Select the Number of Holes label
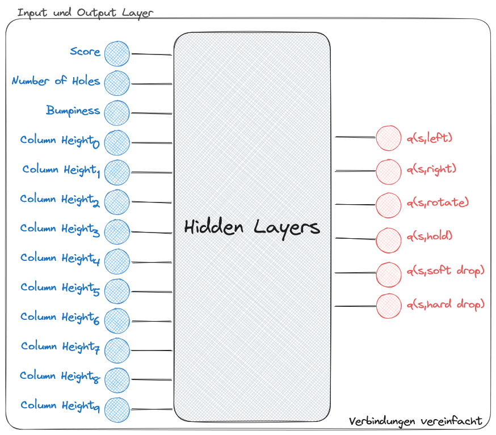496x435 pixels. [x=56, y=81]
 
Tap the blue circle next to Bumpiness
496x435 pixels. [x=117, y=112]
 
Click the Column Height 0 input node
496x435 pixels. [x=117, y=142]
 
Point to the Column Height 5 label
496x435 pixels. [x=60, y=288]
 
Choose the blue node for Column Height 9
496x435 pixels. [x=117, y=409]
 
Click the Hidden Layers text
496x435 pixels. [x=252, y=227]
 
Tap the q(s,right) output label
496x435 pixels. [x=431, y=168]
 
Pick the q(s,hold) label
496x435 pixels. [x=429, y=236]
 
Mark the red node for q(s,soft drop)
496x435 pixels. [x=388, y=273]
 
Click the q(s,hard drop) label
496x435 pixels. [x=445, y=305]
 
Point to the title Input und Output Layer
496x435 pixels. [x=85, y=12]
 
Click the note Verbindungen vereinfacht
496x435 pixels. [x=415, y=421]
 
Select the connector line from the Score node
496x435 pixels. [x=152, y=54]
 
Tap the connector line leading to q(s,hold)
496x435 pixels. [x=355, y=238]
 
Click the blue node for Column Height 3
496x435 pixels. [x=117, y=231]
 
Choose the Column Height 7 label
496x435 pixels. [x=60, y=347]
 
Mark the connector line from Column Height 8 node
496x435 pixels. [x=152, y=379]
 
